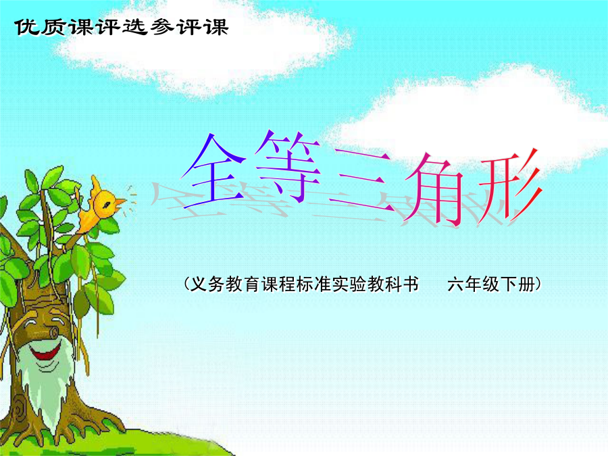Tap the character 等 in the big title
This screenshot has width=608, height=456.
(288, 166)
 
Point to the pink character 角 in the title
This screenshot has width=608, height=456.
(434, 188)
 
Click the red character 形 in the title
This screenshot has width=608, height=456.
(509, 187)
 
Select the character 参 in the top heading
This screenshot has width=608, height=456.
(162, 27)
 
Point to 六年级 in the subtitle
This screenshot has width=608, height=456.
(473, 284)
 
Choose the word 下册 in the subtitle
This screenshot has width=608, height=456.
(517, 284)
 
